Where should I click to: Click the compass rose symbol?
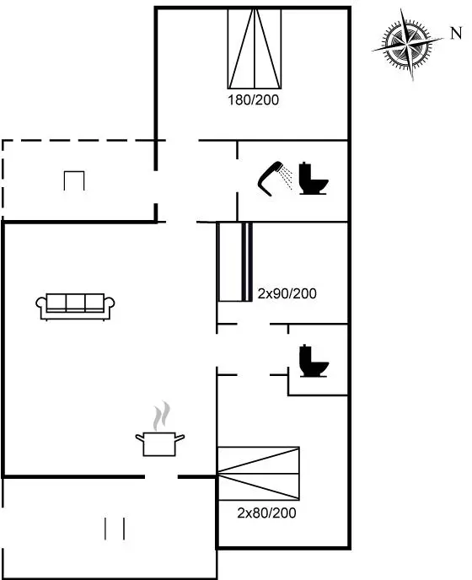click(x=407, y=45)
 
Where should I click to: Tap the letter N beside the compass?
click(x=457, y=33)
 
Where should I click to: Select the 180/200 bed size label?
click(x=254, y=99)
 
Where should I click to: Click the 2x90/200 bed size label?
click(x=287, y=293)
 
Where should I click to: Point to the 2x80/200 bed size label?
click(x=266, y=513)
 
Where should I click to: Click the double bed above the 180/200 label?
click(x=255, y=48)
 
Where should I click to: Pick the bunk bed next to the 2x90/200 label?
click(x=236, y=262)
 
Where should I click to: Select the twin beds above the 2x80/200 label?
click(x=259, y=474)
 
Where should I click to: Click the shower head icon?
click(x=270, y=178)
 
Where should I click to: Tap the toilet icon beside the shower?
click(x=314, y=178)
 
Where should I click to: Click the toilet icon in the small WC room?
click(x=314, y=361)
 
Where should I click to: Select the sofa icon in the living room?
click(x=75, y=307)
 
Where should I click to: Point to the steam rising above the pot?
click(x=162, y=416)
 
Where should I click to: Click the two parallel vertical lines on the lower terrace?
click(x=115, y=529)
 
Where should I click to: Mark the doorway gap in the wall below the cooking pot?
click(x=161, y=477)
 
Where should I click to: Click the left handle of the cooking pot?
click(x=139, y=438)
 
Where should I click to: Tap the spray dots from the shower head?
click(x=286, y=178)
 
